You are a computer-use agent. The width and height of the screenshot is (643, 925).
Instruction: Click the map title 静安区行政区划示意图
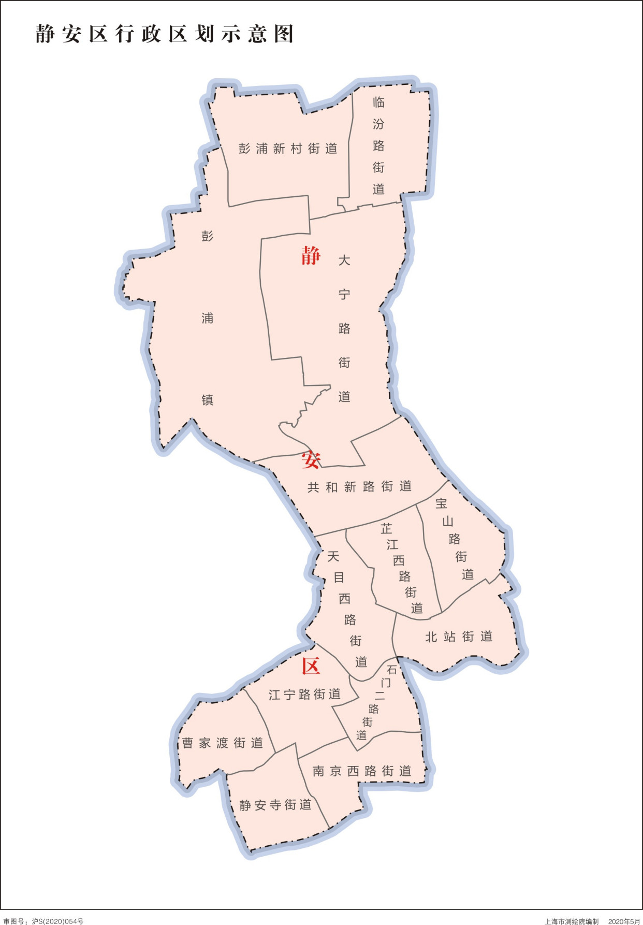[165, 34]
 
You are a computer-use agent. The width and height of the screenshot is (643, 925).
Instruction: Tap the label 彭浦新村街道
[288, 149]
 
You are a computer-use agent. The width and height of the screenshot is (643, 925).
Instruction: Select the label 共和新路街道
[359, 487]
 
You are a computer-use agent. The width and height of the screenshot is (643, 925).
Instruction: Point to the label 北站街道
[459, 637]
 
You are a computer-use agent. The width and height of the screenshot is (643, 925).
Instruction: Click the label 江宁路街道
[304, 695]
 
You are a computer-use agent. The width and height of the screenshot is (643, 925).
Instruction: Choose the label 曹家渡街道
[223, 743]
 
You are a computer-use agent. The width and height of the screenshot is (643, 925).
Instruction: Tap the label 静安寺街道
[275, 805]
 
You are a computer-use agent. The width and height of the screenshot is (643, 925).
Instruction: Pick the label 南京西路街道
[362, 771]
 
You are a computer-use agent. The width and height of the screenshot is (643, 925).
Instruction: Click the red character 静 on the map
[311, 256]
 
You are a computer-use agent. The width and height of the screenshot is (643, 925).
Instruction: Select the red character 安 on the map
[311, 459]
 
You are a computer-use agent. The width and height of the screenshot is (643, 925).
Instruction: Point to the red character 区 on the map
[311, 666]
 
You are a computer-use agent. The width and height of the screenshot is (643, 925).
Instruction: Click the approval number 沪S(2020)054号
[57, 921]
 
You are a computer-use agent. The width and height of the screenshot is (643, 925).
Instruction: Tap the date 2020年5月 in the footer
[624, 921]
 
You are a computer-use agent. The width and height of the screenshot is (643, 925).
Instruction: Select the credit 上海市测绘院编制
[572, 921]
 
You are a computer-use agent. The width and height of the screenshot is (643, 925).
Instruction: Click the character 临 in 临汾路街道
[378, 103]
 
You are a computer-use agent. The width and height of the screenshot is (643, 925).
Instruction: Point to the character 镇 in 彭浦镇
[207, 400]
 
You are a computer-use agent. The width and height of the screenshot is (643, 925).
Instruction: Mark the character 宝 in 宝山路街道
[441, 503]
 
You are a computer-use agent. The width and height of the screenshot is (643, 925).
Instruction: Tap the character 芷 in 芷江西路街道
[386, 529]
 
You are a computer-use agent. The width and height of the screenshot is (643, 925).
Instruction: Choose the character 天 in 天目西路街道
[333, 556]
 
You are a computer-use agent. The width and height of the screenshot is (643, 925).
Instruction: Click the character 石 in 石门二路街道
[392, 670]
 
